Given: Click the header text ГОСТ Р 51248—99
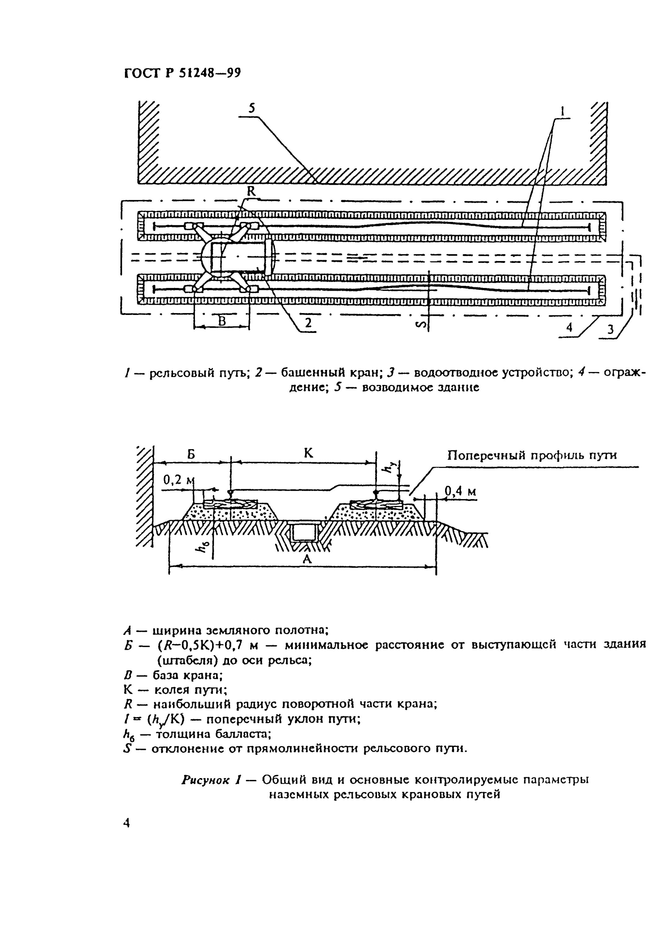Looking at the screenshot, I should coord(182,73).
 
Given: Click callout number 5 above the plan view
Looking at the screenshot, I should coord(252,108).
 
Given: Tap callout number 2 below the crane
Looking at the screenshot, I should coord(308,323).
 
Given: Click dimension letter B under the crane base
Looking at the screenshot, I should coord(222,321).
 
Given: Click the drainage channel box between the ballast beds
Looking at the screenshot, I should coord(302,532).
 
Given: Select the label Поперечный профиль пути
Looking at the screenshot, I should coord(532,455).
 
